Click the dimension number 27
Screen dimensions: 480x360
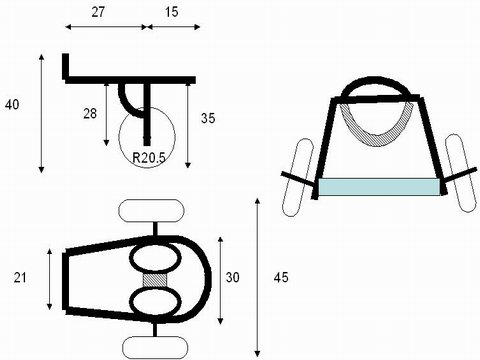pos(98,12)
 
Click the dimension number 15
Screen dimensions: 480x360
pos(171,12)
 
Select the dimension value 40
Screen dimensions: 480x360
pos(12,105)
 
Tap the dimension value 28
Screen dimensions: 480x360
pos(90,114)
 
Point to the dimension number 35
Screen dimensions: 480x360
pos(208,118)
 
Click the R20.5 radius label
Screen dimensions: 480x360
pos(149,158)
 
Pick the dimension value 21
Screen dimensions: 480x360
pos(20,277)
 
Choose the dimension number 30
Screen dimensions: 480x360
pos(232,277)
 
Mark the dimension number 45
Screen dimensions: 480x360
pos(281,277)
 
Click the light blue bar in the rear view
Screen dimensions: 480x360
pos(379,187)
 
